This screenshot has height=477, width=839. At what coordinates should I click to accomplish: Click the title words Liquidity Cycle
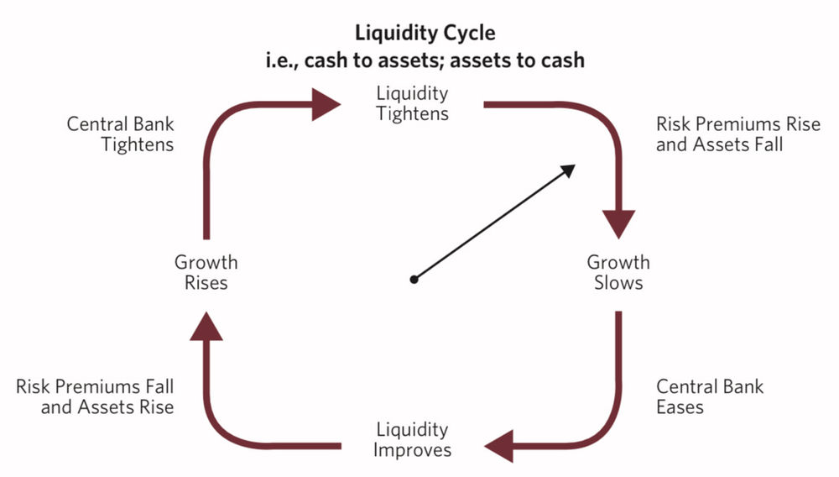[x=425, y=34]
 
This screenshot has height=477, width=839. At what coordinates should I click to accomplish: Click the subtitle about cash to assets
[x=425, y=60]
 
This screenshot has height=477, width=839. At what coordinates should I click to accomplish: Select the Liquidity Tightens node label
[x=412, y=103]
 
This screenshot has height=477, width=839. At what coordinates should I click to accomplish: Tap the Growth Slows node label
[x=618, y=272]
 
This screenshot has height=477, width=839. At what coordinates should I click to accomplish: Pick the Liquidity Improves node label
[x=412, y=440]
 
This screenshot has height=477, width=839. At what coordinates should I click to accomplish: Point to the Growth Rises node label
[x=206, y=272]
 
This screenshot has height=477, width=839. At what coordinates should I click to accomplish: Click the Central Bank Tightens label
[x=121, y=134]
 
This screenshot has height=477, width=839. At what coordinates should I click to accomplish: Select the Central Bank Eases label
[x=710, y=397]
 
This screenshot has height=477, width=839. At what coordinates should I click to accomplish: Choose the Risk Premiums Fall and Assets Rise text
[x=96, y=397]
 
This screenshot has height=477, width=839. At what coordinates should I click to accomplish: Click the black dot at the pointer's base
[x=414, y=280]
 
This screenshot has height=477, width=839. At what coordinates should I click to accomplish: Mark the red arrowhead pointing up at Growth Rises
[x=206, y=324]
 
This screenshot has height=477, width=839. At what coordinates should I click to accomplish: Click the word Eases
[x=680, y=407]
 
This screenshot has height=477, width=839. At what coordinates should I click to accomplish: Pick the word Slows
[x=618, y=282]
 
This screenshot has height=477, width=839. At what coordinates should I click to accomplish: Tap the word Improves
[x=412, y=450]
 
